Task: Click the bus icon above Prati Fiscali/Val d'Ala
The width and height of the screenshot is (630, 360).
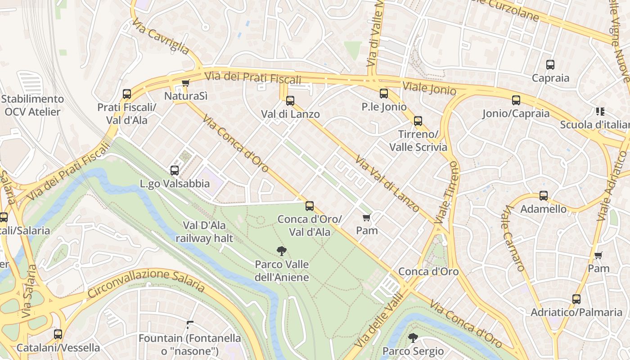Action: pyautogui.click(x=127, y=94)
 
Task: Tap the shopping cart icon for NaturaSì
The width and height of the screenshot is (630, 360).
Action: pyautogui.click(x=185, y=83)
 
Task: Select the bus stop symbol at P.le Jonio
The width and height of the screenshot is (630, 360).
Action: pyautogui.click(x=383, y=94)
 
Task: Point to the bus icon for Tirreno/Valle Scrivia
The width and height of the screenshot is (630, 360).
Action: pyautogui.click(x=418, y=121)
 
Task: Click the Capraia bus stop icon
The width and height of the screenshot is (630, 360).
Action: pyautogui.click(x=550, y=65)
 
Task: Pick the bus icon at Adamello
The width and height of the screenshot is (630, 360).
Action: pyautogui.click(x=544, y=196)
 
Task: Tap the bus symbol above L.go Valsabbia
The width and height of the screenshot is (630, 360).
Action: pyautogui.click(x=175, y=171)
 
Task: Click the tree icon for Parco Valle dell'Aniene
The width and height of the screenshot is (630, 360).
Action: pyautogui.click(x=282, y=251)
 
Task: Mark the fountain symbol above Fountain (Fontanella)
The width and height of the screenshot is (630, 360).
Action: pyautogui.click(x=190, y=324)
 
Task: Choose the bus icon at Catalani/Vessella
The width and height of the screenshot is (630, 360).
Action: pyautogui.click(x=58, y=334)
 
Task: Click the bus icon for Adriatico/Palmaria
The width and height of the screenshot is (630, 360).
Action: pyautogui.click(x=576, y=299)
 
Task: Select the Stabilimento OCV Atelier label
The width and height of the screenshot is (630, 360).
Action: pyautogui.click(x=32, y=105)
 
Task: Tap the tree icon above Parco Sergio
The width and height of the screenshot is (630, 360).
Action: pyautogui.click(x=413, y=337)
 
